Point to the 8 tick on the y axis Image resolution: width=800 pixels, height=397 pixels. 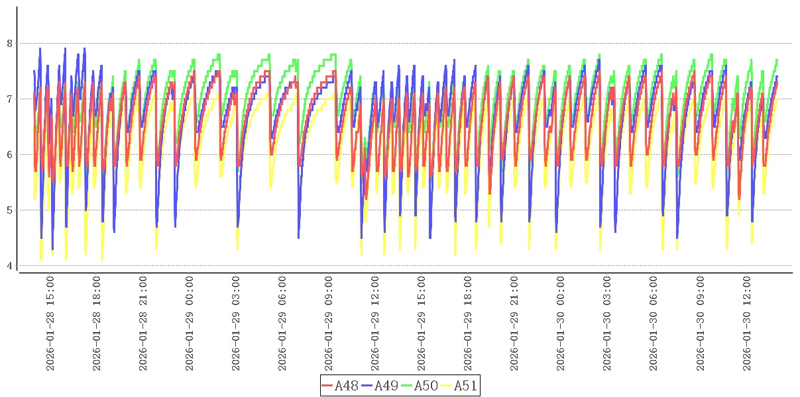[9, 44]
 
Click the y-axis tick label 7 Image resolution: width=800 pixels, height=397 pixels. [9, 99]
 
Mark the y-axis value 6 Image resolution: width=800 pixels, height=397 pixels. [9, 155]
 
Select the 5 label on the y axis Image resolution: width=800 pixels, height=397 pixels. [9, 210]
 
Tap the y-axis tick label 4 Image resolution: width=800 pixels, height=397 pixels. [9, 266]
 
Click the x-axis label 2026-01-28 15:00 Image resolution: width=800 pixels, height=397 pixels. [50, 324]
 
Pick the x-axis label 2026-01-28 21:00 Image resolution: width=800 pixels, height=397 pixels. [143, 324]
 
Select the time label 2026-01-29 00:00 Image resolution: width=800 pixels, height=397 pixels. [190, 324]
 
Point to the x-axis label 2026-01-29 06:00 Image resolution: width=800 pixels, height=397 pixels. [282, 324]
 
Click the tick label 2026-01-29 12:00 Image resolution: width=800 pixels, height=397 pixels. [375, 324]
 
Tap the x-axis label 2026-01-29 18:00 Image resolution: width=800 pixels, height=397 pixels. [468, 324]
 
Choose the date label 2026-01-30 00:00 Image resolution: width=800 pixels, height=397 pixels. [561, 324]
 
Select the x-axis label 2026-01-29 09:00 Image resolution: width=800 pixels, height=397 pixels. [329, 324]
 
